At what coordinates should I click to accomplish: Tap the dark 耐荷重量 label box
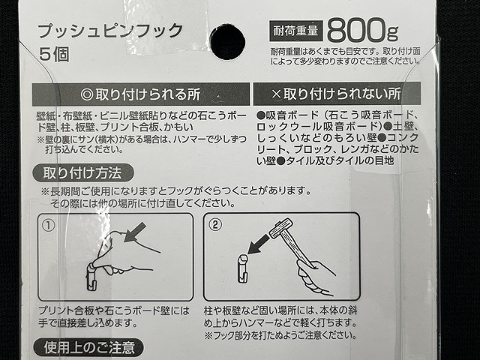297,32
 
